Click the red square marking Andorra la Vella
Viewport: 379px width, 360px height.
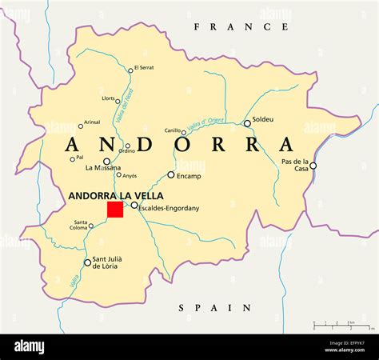(115, 210)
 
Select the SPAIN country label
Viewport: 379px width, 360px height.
(214, 307)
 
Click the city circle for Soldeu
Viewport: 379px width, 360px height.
(247, 123)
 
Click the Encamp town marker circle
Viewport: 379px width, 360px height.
(171, 174)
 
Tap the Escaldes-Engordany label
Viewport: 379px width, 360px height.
(169, 209)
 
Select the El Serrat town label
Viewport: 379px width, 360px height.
(144, 68)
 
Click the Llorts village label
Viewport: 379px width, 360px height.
(108, 98)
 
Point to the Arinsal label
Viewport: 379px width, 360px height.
(92, 122)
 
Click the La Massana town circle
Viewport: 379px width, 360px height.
(107, 161)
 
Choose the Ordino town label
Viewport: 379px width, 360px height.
(126, 151)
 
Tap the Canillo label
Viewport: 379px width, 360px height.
(174, 130)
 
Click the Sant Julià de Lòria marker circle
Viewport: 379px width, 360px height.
(87, 262)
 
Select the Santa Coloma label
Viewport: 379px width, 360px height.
(82, 226)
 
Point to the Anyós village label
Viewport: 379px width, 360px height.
(130, 175)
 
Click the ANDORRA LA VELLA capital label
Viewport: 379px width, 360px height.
(116, 195)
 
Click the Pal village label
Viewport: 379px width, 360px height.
(79, 158)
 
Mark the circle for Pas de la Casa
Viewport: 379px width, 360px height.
(313, 166)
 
